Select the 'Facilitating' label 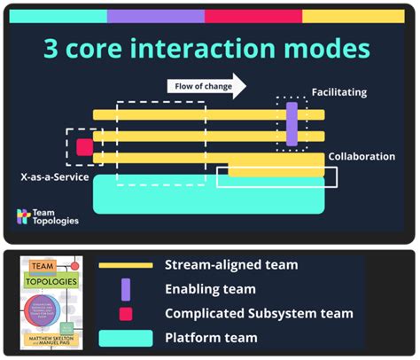pyautogui.click(x=338, y=92)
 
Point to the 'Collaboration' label pyautogui.click(x=362, y=156)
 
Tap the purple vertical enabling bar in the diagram pyautogui.click(x=292, y=123)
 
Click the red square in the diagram pyautogui.click(x=84, y=147)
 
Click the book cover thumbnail pyautogui.click(x=51, y=302)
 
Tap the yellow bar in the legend pyautogui.click(x=126, y=265)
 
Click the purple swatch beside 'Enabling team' pyautogui.click(x=126, y=289)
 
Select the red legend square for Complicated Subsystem pyautogui.click(x=126, y=313)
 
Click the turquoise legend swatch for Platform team pyautogui.click(x=126, y=337)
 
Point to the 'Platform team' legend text pyautogui.click(x=211, y=337)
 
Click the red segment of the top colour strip pyautogui.click(x=253, y=16)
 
